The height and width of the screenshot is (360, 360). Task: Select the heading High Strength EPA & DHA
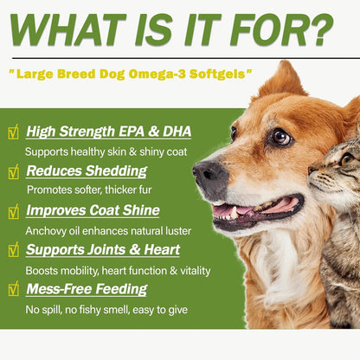108,132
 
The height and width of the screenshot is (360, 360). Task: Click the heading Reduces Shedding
80,171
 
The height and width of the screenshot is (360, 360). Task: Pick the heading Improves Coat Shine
93,210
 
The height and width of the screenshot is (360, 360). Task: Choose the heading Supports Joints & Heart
103,250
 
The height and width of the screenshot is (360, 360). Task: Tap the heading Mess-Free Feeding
85,289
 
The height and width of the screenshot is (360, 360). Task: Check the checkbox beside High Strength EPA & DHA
12,132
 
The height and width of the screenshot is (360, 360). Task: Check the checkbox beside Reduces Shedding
12,172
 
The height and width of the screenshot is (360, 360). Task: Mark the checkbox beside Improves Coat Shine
12,211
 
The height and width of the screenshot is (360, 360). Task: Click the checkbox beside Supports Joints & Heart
12,251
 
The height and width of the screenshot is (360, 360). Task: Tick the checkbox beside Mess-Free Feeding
12,290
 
